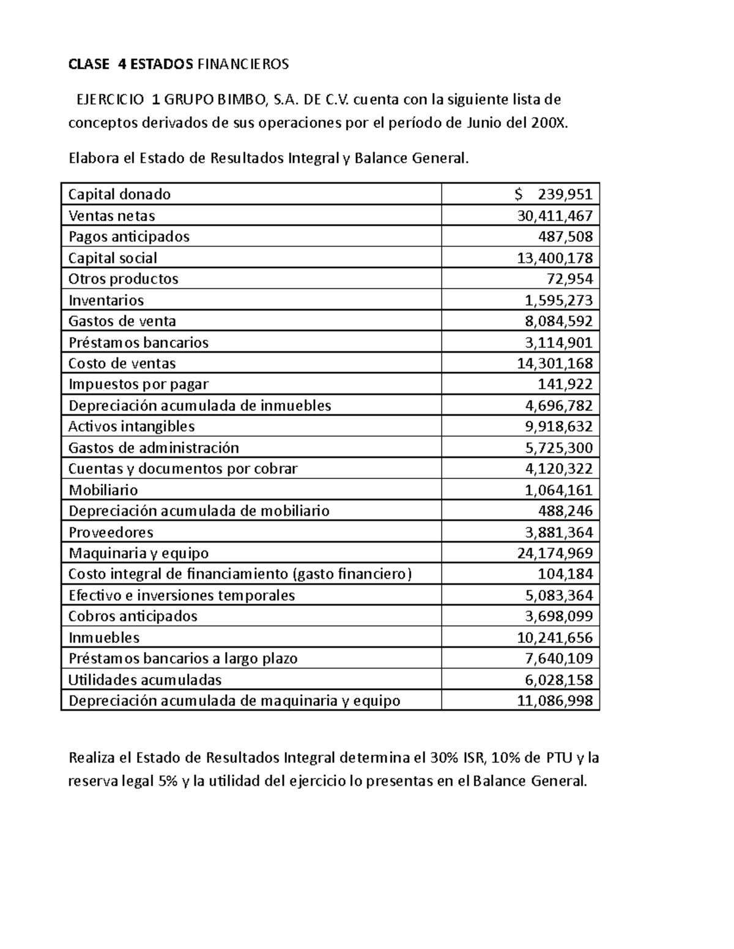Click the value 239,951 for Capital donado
pos(565,194)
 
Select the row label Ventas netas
pos(112,216)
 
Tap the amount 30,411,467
pos(555,216)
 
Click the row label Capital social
pos(113,258)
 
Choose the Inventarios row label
pos(106,300)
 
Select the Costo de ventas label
pos(122,363)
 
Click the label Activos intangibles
pos(132,426)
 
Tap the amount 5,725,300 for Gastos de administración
pos(558,447)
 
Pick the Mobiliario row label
pos(103,489)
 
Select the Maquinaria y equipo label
pos(138,553)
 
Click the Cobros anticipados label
pos(133,616)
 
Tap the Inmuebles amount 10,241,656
pos(555,637)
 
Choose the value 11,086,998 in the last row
pos(555,700)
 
